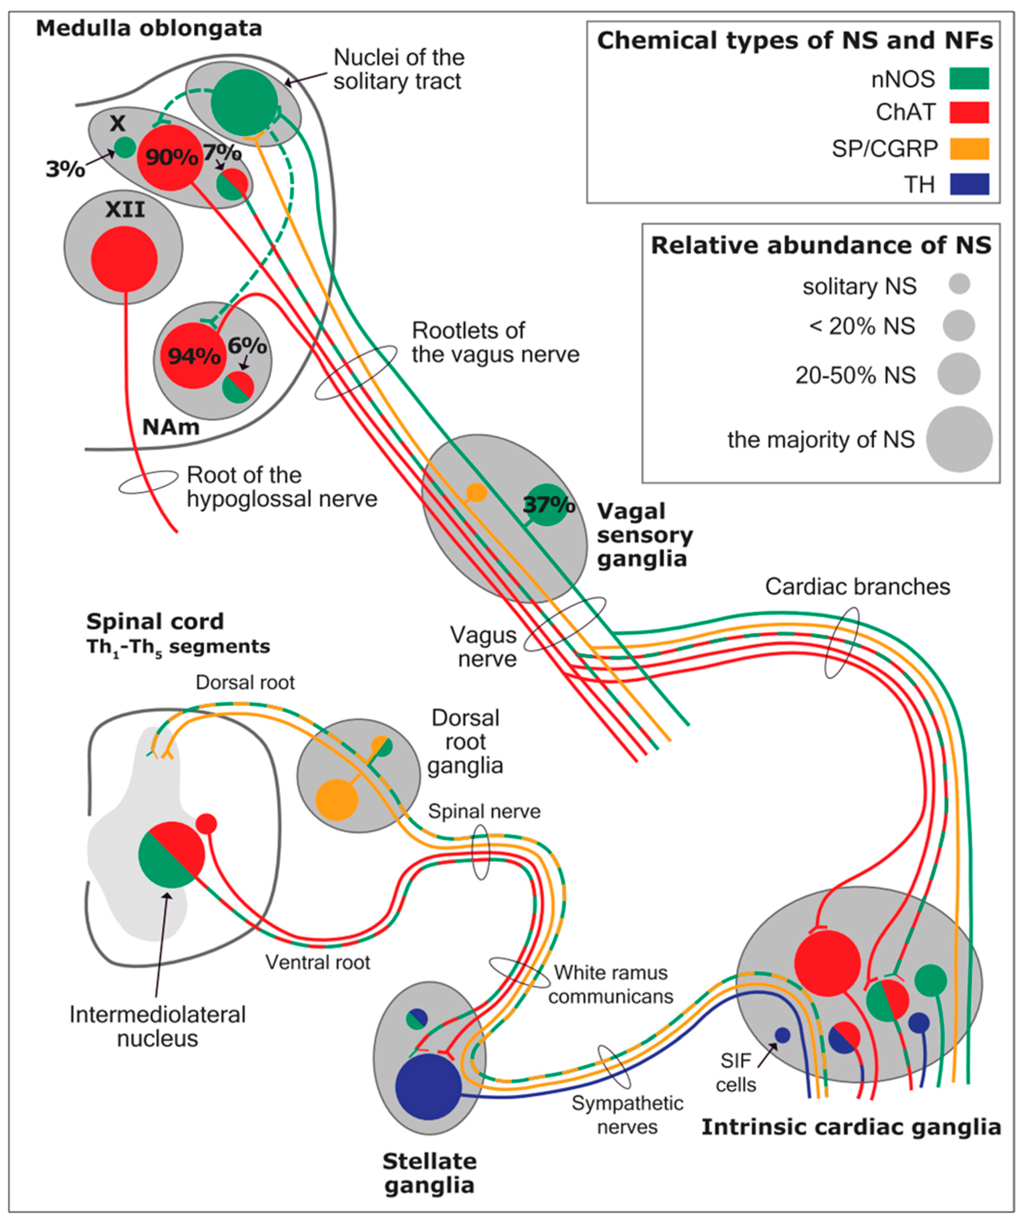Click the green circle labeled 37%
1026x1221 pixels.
pos(547,504)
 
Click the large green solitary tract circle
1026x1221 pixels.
pos(244,102)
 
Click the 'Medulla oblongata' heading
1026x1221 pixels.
pos(149,28)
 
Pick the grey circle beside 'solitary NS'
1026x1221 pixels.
pos(959,284)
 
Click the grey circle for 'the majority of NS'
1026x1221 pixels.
pos(959,439)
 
